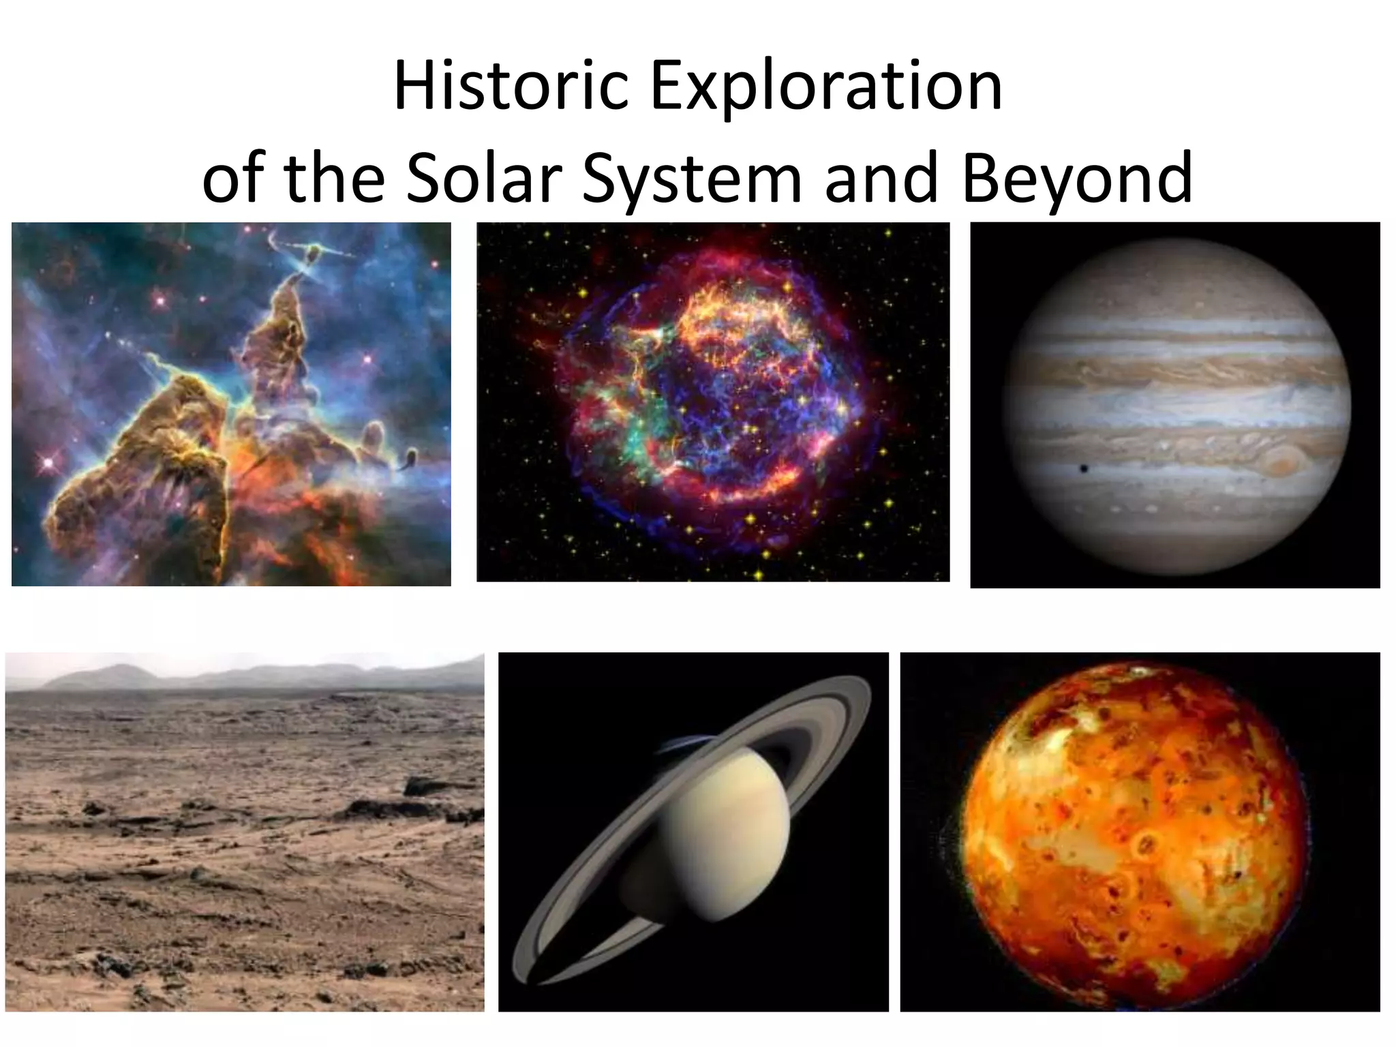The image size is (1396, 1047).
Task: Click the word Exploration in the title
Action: [x=826, y=87]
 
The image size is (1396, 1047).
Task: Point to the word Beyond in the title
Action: [x=1078, y=178]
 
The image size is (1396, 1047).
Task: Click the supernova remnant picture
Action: [x=712, y=402]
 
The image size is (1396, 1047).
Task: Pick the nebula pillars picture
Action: [x=231, y=404]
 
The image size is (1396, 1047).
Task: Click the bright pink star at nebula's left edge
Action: [x=48, y=463]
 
